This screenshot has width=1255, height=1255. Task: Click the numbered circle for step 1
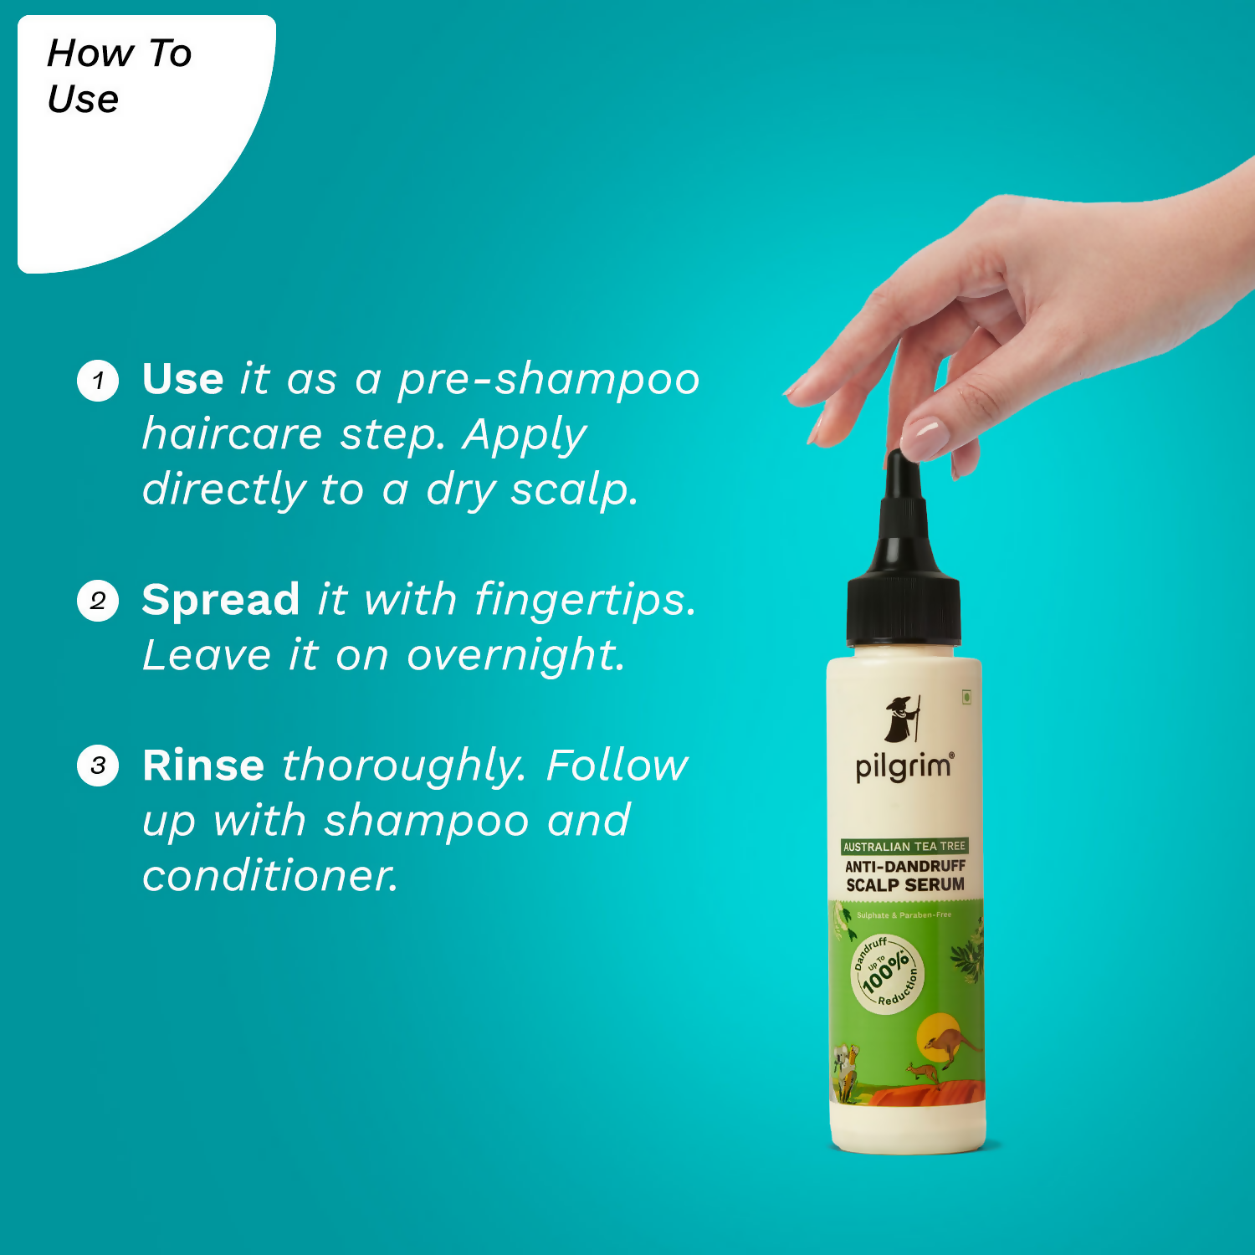pyautogui.click(x=98, y=381)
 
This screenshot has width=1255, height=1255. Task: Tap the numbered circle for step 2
pyautogui.click(x=98, y=601)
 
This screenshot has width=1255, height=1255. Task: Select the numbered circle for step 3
pyautogui.click(x=98, y=766)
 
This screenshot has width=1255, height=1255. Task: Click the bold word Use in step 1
pyautogui.click(x=182, y=379)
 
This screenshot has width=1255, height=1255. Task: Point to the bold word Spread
pyautogui.click(x=220, y=600)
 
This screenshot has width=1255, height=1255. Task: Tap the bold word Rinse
pyautogui.click(x=203, y=766)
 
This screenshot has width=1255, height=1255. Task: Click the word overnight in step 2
pyautogui.click(x=515, y=656)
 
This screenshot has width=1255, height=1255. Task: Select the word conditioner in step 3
pyautogui.click(x=269, y=876)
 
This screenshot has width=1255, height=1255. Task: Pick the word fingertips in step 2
pyautogui.click(x=584, y=600)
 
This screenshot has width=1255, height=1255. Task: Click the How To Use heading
pyautogui.click(x=119, y=76)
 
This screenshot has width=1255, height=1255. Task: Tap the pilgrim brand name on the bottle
pyautogui.click(x=904, y=766)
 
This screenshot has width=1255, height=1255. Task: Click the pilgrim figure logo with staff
pyautogui.click(x=904, y=718)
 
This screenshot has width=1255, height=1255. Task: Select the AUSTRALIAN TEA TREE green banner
pyautogui.click(x=904, y=846)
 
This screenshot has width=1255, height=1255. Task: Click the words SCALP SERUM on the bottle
pyautogui.click(x=905, y=884)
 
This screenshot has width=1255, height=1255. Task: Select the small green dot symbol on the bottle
pyautogui.click(x=966, y=696)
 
